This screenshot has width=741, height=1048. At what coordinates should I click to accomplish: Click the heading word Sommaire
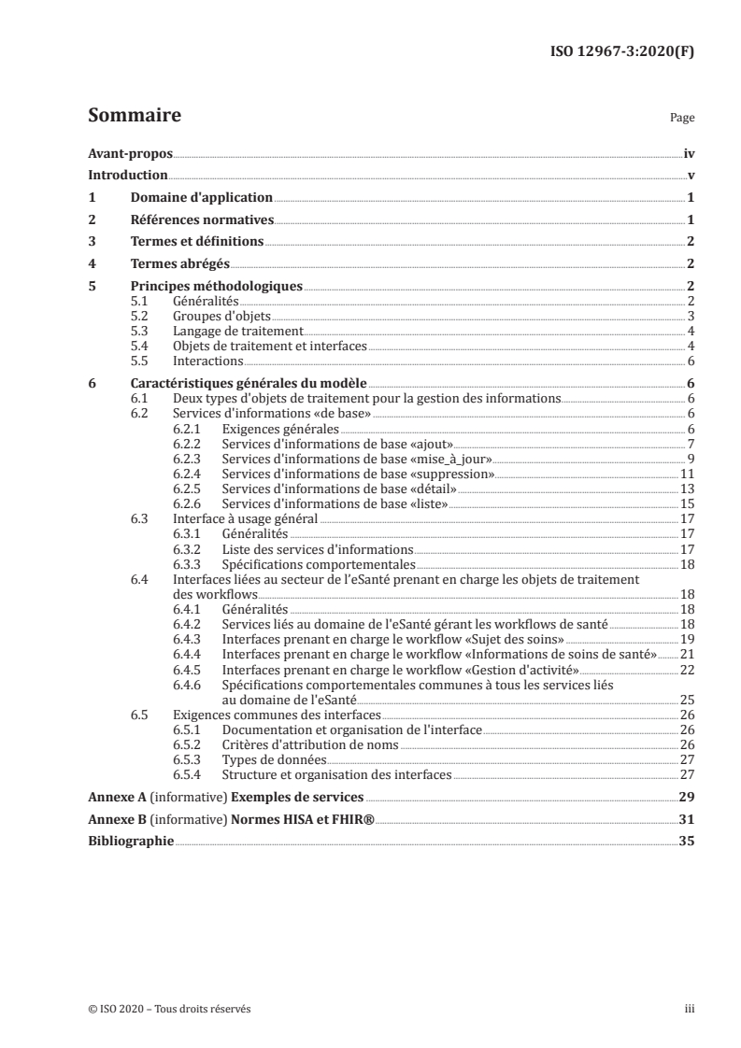pos(134,117)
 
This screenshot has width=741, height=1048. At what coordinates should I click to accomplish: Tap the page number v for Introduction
pos(690,176)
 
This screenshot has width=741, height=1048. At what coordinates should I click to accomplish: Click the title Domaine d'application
pos(201,198)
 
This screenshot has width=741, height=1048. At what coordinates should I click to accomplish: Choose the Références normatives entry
pos(202,220)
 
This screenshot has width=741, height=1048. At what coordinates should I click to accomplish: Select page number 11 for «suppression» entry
pos(686,474)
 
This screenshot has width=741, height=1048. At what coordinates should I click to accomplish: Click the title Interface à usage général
pos(245,518)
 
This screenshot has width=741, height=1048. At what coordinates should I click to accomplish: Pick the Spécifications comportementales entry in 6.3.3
pos(318,564)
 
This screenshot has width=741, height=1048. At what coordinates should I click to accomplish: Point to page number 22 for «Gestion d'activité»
pos(686,671)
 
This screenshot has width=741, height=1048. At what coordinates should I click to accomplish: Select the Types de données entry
pos(268,760)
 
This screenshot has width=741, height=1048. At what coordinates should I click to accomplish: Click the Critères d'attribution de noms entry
pos(309,744)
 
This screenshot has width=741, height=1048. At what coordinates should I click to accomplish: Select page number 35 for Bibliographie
pos(686,842)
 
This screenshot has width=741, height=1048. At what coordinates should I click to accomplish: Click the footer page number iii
pos(690,1009)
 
